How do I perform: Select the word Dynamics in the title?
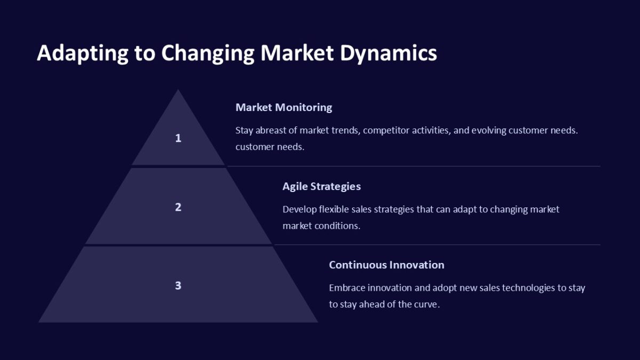click(x=388, y=53)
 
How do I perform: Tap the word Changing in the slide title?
click(x=207, y=53)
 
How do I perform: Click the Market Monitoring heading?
click(x=284, y=107)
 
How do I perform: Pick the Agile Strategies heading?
click(x=322, y=187)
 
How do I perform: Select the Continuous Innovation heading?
click(x=387, y=265)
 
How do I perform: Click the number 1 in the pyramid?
click(x=178, y=138)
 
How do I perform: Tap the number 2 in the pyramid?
click(x=178, y=207)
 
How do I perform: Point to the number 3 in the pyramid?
click(x=178, y=285)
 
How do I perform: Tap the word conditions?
click(x=338, y=226)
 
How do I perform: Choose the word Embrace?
click(x=347, y=287)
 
